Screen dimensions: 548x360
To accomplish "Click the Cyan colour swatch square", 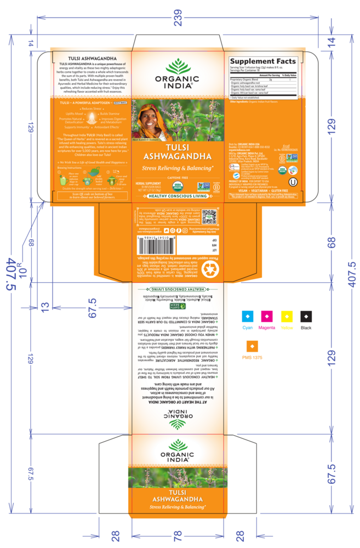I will pyautogui.click(x=248, y=316).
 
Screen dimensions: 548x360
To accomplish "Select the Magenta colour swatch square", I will pyautogui.click(x=267, y=316).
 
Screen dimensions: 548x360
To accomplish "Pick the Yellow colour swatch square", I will pyautogui.click(x=286, y=316).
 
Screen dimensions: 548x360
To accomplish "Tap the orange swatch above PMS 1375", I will pyautogui.click(x=253, y=346).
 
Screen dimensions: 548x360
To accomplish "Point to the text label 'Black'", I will pyautogui.click(x=306, y=327).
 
